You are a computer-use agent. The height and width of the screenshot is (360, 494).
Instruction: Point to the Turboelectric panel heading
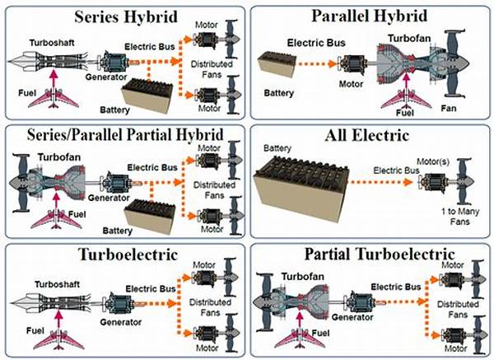[x=123, y=254]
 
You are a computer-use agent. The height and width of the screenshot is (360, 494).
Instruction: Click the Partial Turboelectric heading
[x=370, y=254]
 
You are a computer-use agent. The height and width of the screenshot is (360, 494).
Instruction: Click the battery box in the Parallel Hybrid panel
[x=282, y=67]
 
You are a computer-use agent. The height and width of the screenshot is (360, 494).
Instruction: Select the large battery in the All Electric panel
[x=297, y=183]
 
